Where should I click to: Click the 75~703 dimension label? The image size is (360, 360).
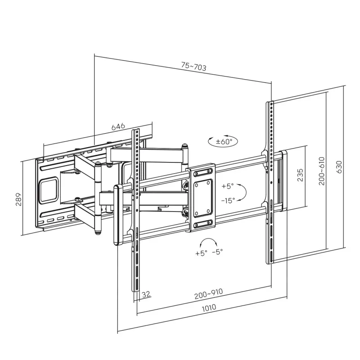point(193,67)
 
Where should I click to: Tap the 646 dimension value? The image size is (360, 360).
point(118,126)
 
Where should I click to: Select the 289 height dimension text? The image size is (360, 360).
point(18,199)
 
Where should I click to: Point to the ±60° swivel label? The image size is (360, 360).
point(224,142)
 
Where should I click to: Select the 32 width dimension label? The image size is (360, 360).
point(146,294)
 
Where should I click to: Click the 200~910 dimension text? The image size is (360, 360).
point(209,295)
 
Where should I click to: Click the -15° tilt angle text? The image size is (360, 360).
point(228,201)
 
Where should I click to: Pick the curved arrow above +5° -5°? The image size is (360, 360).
point(208,241)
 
